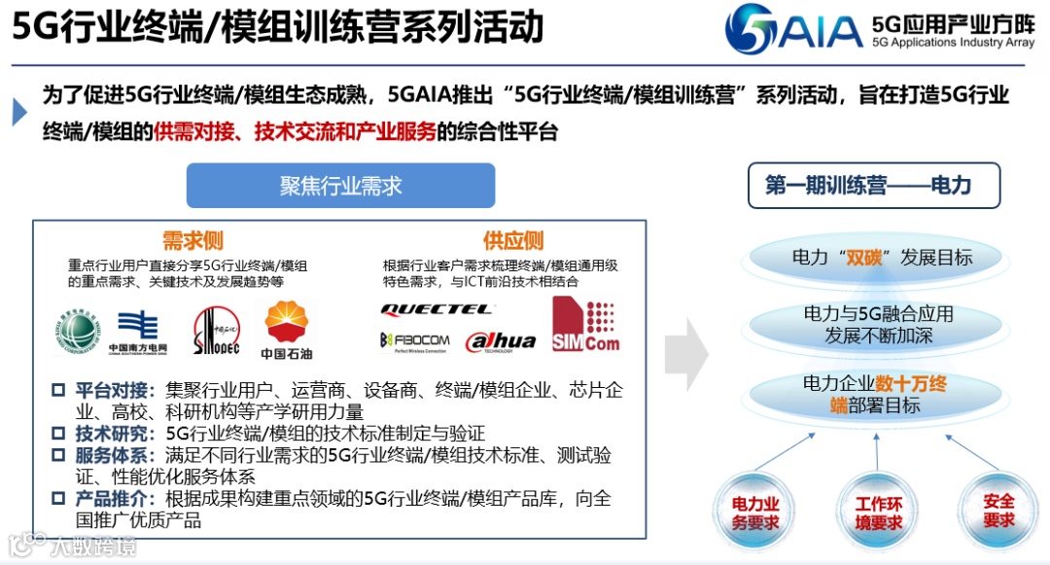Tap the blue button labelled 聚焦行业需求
tap(340, 186)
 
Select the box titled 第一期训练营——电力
tap(873, 185)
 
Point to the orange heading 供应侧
tap(513, 240)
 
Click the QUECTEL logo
tap(437, 310)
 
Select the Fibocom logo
tap(415, 340)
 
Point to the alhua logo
tap(501, 340)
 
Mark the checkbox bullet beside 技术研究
tap(58, 434)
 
